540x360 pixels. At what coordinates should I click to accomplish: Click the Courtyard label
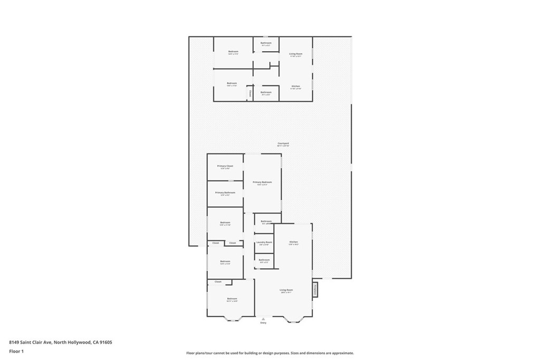(283, 143)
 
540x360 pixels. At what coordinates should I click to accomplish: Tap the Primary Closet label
(225, 166)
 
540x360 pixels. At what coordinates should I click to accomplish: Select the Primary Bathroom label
(225, 193)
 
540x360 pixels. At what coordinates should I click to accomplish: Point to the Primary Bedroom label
(262, 182)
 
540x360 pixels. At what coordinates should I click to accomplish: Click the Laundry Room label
(263, 242)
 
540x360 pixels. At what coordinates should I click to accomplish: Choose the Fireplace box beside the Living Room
(315, 289)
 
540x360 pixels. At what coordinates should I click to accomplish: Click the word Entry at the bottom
(263, 323)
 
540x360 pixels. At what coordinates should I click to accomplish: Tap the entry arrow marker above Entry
(263, 318)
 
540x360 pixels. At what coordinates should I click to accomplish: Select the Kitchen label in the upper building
(296, 86)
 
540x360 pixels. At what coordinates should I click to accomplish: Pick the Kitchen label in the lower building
(294, 242)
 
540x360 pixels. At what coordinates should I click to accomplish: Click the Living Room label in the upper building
(295, 54)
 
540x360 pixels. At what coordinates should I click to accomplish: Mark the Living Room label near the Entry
(286, 290)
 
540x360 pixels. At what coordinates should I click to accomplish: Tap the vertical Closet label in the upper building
(250, 93)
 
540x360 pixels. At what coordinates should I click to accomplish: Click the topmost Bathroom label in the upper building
(266, 43)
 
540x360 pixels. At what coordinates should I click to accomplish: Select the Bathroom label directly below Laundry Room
(264, 260)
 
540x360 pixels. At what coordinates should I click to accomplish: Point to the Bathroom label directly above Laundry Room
(266, 221)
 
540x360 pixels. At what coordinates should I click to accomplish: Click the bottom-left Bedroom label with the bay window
(232, 299)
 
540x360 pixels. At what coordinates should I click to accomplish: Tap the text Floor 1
(16, 351)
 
